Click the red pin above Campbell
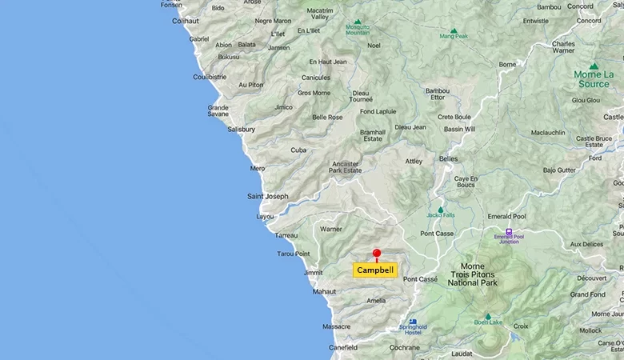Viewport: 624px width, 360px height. [x=377, y=254]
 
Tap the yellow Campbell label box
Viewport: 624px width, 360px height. [x=375, y=270]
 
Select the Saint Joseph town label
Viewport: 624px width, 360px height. [x=267, y=196]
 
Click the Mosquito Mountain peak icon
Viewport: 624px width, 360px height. [x=358, y=22]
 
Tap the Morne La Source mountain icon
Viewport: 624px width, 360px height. [x=593, y=66]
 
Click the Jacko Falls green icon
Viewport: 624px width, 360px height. [x=440, y=210]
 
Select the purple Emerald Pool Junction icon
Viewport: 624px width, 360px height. [x=509, y=232]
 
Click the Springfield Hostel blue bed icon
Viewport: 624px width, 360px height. [x=413, y=322]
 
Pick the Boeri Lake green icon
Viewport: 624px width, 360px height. [x=487, y=317]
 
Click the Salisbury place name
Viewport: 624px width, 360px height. [x=241, y=129]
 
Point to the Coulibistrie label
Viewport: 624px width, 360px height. [x=210, y=77]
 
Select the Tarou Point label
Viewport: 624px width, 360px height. [x=293, y=254]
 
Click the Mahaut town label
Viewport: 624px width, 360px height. [x=324, y=291]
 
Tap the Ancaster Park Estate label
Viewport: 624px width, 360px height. [x=346, y=167]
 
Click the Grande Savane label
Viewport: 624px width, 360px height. [x=218, y=110]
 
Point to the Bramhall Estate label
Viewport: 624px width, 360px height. [x=373, y=135]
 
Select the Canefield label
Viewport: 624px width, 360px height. [x=343, y=348]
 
